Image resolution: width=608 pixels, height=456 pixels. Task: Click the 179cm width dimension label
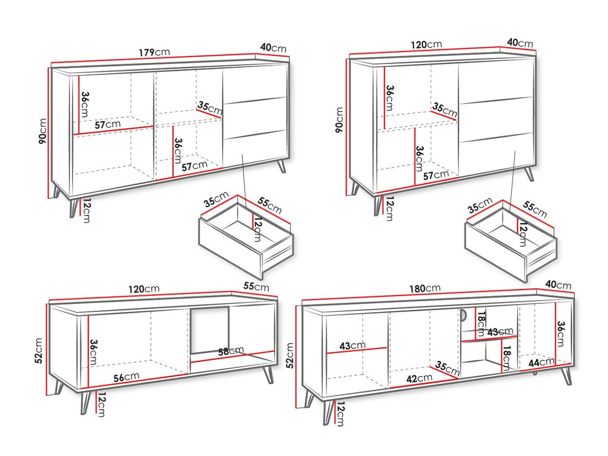154,52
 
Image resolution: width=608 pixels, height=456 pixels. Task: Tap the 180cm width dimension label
425,288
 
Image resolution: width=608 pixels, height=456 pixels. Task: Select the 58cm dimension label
231,351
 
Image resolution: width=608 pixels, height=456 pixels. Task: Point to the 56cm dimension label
126,377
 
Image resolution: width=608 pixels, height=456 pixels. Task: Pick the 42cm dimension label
419,378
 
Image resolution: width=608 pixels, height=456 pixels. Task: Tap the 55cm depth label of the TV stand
256,286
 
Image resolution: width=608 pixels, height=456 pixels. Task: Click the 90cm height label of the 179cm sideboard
43,131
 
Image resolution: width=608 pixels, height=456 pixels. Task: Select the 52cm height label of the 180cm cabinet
290,355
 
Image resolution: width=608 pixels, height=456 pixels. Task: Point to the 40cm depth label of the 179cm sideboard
273,48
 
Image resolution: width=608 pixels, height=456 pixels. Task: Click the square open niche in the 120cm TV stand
210,330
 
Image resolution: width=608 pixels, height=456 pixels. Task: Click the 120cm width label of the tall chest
426,45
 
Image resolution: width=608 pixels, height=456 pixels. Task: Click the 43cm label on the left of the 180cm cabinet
352,345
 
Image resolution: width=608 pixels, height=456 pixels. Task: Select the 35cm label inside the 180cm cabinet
447,368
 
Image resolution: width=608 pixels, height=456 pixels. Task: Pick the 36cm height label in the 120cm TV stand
93,352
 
